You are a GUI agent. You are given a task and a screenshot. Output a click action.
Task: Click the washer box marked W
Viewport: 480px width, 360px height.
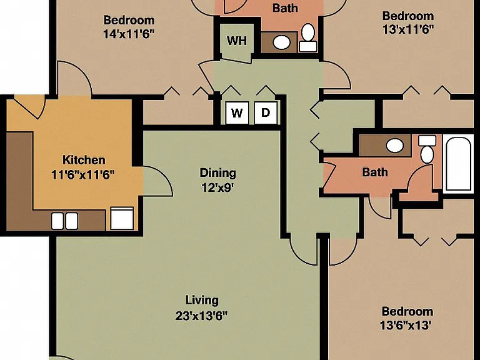click(237, 113)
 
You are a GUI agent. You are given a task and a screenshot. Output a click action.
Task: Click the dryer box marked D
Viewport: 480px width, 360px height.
click(266, 113)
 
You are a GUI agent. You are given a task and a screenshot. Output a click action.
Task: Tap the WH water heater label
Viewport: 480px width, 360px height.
click(237, 41)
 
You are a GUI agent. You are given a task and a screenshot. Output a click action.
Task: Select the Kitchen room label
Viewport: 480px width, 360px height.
click(84, 160)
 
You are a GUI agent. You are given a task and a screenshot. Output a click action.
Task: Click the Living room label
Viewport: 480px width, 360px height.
click(202, 300)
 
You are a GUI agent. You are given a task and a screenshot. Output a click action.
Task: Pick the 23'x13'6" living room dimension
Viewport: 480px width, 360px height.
click(202, 316)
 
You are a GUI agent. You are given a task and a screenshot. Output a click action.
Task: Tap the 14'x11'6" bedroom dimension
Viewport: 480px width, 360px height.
click(128, 34)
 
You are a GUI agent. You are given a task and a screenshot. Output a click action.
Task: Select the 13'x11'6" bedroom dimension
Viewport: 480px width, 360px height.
click(408, 29)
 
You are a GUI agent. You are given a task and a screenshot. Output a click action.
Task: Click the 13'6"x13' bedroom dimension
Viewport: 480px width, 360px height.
click(406, 325)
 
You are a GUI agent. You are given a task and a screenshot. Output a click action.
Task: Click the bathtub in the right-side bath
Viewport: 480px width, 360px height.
click(458, 164)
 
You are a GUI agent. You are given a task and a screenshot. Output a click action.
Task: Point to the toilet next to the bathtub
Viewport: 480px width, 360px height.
click(427, 150)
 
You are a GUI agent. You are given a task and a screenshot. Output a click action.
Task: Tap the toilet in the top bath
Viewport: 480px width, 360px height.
click(308, 37)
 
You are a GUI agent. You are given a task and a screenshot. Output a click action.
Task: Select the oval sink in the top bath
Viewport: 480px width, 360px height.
click(282, 42)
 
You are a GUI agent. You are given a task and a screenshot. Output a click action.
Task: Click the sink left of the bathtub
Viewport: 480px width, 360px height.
click(395, 146)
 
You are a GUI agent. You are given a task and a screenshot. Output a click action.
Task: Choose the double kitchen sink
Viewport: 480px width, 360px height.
click(64, 221)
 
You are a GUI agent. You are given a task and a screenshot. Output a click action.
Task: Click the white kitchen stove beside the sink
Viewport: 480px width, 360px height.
click(122, 218)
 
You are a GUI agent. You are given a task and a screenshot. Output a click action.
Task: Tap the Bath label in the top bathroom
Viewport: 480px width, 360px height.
click(285, 8)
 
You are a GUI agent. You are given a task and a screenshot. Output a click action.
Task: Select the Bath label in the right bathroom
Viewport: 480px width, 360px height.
click(375, 172)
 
